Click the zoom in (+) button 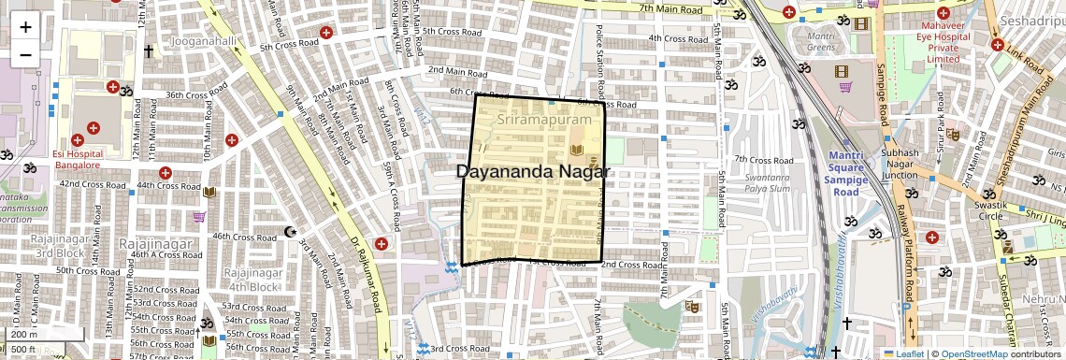click(x=25, y=27)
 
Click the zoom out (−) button click(x=25, y=53)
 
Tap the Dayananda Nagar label click(x=533, y=171)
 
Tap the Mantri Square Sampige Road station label click(x=858, y=173)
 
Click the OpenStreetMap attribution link click(x=973, y=353)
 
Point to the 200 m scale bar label click(x=24, y=334)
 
